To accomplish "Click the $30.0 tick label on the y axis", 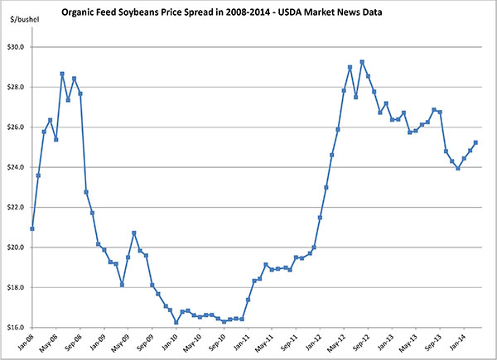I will [x=17, y=47].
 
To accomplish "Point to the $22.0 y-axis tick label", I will [x=17, y=208].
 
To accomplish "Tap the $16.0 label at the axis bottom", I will [x=17, y=328].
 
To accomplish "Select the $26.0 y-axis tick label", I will [x=17, y=127].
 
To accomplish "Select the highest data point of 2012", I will [x=362, y=62].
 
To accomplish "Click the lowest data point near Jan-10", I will [x=176, y=322].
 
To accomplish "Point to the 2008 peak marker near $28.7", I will [x=62, y=74].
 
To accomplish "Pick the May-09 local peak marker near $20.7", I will [x=134, y=233].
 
